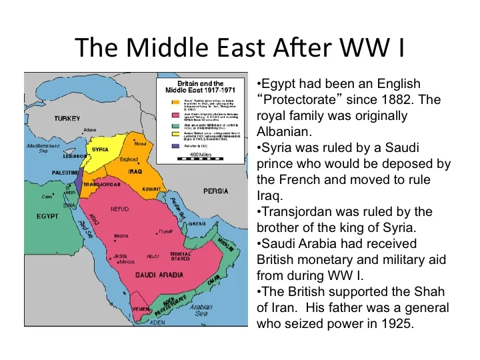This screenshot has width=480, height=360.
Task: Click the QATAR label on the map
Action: pyautogui.click(x=195, y=224)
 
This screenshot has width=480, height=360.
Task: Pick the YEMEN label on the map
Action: pyautogui.click(x=141, y=310)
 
